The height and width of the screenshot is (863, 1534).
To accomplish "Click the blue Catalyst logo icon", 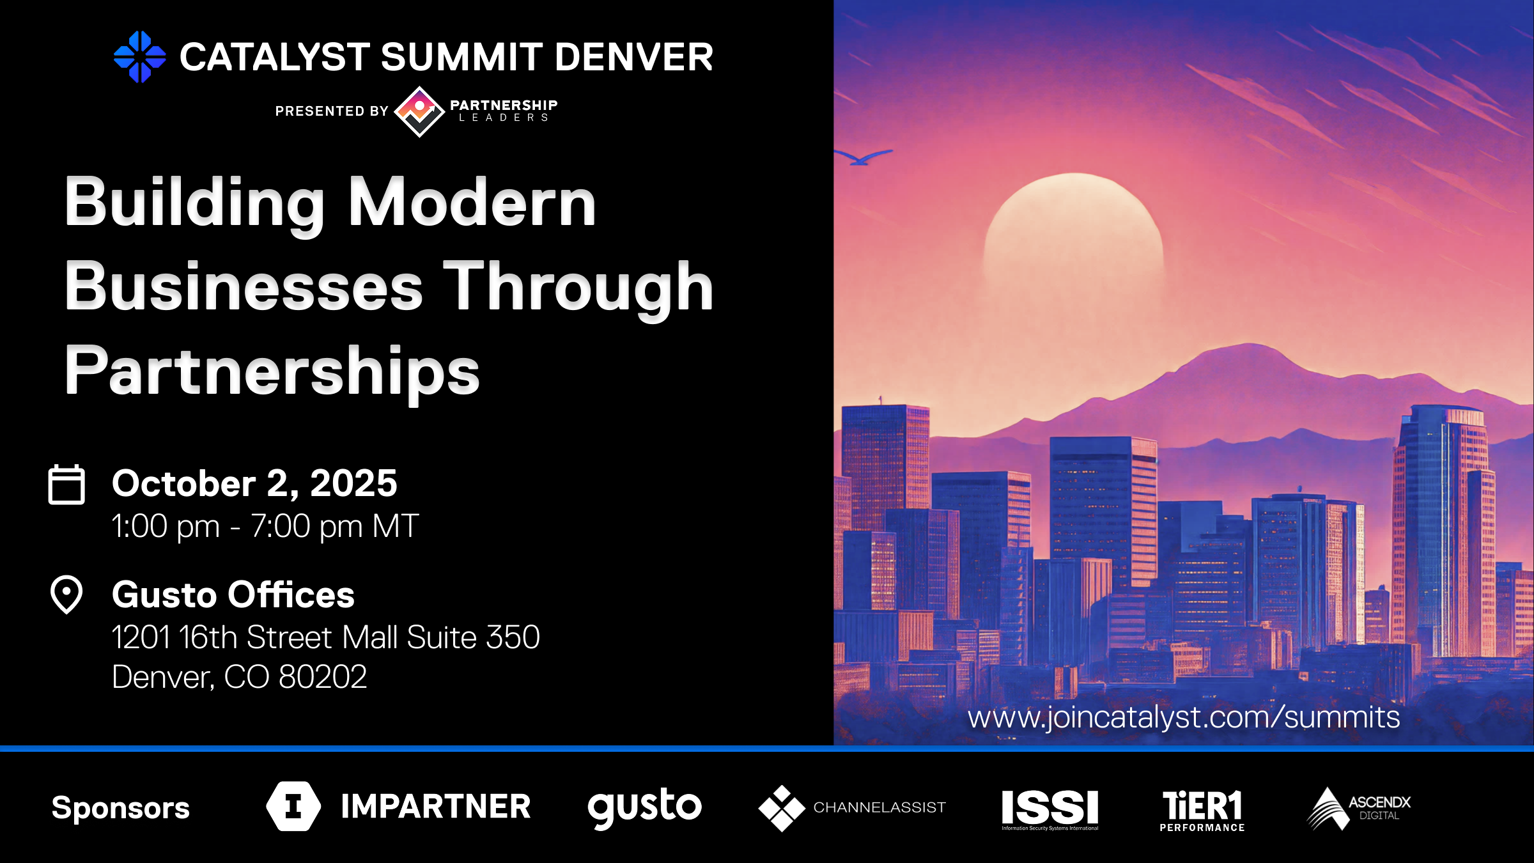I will [139, 57].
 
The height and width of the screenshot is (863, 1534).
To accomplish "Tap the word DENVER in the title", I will [633, 57].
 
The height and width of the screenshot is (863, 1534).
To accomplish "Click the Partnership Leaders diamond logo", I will [419, 111].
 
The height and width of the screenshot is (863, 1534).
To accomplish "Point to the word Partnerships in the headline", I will [272, 371].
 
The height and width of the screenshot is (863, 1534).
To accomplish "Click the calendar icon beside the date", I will [66, 485].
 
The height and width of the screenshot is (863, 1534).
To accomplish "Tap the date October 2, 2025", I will [254, 483].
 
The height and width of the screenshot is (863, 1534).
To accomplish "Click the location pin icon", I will [66, 595].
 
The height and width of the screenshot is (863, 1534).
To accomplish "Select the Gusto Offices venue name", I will [233, 595].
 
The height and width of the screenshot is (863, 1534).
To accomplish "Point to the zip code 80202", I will [323, 676].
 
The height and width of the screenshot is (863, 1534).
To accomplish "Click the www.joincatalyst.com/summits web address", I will [1184, 717].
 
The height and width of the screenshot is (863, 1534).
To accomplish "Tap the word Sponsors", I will [121, 807].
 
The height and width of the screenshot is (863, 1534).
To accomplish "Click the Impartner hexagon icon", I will [293, 806].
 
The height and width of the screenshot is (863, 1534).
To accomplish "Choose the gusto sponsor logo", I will [644, 807].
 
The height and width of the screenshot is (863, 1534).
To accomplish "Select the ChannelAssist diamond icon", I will [781, 808].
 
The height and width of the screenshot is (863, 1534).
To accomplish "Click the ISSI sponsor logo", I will [1050, 808].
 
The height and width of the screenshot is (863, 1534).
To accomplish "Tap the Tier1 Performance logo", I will [1202, 809].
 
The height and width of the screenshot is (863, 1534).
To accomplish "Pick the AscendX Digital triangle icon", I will [1327, 809].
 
